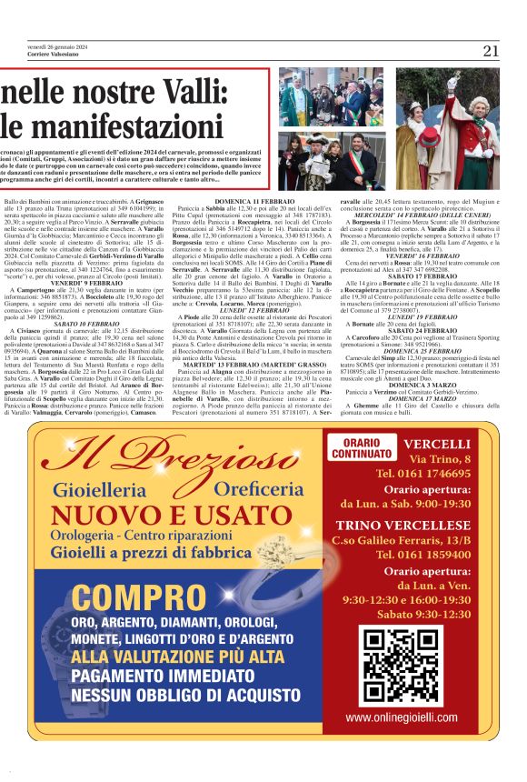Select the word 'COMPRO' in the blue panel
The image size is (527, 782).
click(x=127, y=599)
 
